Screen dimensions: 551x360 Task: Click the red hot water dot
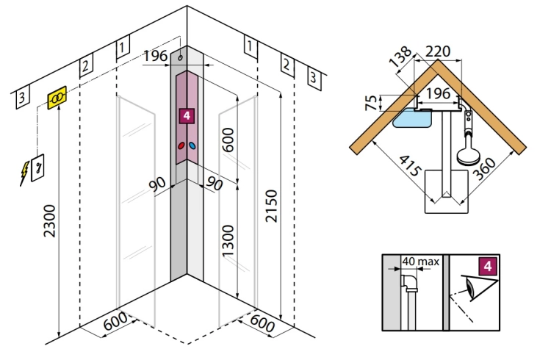pyautogui.click(x=181, y=145)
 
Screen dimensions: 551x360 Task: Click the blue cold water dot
pyautogui.click(x=192, y=145)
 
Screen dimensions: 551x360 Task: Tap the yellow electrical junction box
pyautogui.click(x=57, y=98)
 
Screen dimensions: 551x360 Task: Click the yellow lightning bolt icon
pyautogui.click(x=24, y=173)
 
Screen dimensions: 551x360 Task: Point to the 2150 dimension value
pyautogui.click(x=271, y=206)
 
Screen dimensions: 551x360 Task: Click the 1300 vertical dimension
pyautogui.click(x=228, y=241)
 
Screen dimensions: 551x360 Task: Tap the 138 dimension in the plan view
pyautogui.click(x=400, y=57)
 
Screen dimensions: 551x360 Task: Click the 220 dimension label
pyautogui.click(x=438, y=51)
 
